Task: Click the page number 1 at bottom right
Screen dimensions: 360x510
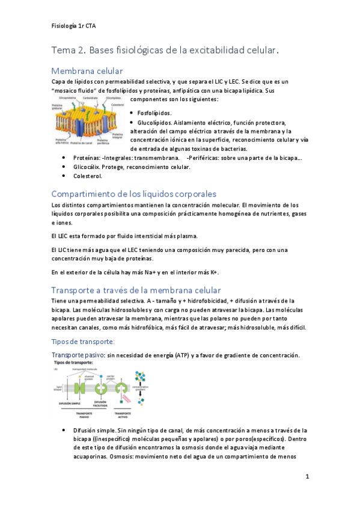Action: [307, 477]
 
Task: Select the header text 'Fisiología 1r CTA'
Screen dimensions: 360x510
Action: [74, 26]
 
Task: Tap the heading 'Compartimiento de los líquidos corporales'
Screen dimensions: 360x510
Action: [142, 194]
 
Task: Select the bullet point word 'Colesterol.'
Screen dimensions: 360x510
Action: [88, 176]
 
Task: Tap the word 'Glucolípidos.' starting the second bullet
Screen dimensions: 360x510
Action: [159, 122]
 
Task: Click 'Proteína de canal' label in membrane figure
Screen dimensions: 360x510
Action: [82, 144]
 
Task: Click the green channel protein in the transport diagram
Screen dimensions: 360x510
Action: [78, 388]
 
